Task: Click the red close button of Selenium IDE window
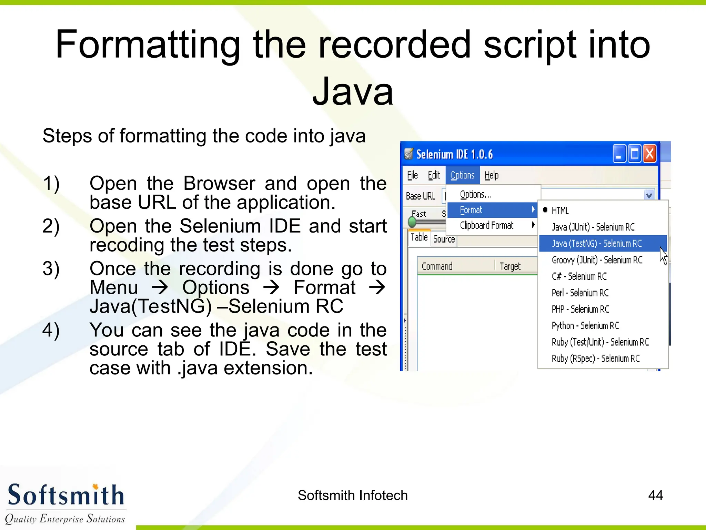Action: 649,154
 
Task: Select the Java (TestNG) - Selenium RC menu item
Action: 596,244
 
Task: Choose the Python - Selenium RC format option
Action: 585,325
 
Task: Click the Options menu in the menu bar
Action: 462,175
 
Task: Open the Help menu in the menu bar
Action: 491,175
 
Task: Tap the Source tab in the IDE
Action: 444,239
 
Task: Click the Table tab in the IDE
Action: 419,237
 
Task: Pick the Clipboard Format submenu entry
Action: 486,225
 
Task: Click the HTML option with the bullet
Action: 560,210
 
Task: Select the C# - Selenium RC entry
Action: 579,276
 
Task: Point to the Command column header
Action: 437,266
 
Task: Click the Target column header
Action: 510,266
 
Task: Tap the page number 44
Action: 655,495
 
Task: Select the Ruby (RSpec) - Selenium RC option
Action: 595,359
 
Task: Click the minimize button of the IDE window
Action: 619,154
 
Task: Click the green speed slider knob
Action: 412,222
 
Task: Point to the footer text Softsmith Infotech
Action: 352,495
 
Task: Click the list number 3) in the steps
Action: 51,268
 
